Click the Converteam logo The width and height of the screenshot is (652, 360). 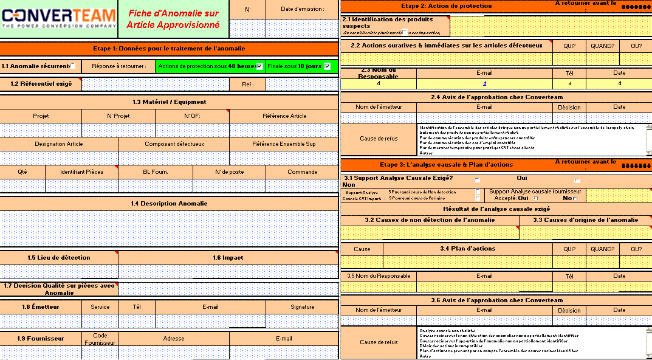click(58, 18)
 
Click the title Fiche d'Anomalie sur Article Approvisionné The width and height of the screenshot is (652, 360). click(173, 18)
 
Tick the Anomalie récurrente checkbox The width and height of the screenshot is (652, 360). click(74, 66)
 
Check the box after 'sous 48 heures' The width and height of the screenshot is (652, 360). click(260, 66)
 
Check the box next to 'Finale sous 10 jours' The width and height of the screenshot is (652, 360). click(328, 66)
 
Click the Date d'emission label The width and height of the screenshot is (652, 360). click(302, 9)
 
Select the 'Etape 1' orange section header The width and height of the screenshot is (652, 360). click(169, 48)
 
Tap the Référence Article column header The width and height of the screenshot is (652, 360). click(284, 116)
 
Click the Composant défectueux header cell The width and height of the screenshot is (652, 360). click(174, 144)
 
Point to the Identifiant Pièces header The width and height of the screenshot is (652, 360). click(81, 171)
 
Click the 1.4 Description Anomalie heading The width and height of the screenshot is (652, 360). click(169, 203)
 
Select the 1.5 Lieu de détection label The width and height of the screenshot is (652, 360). click(59, 257)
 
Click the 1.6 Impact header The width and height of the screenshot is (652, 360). click(228, 257)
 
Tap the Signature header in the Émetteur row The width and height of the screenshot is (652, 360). click(302, 306)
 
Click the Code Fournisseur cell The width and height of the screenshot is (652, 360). click(100, 339)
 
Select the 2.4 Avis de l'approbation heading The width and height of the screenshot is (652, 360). click(497, 97)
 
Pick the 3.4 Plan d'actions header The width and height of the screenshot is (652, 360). click(467, 248)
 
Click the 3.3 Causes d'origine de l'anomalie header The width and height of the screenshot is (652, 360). click(586, 220)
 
